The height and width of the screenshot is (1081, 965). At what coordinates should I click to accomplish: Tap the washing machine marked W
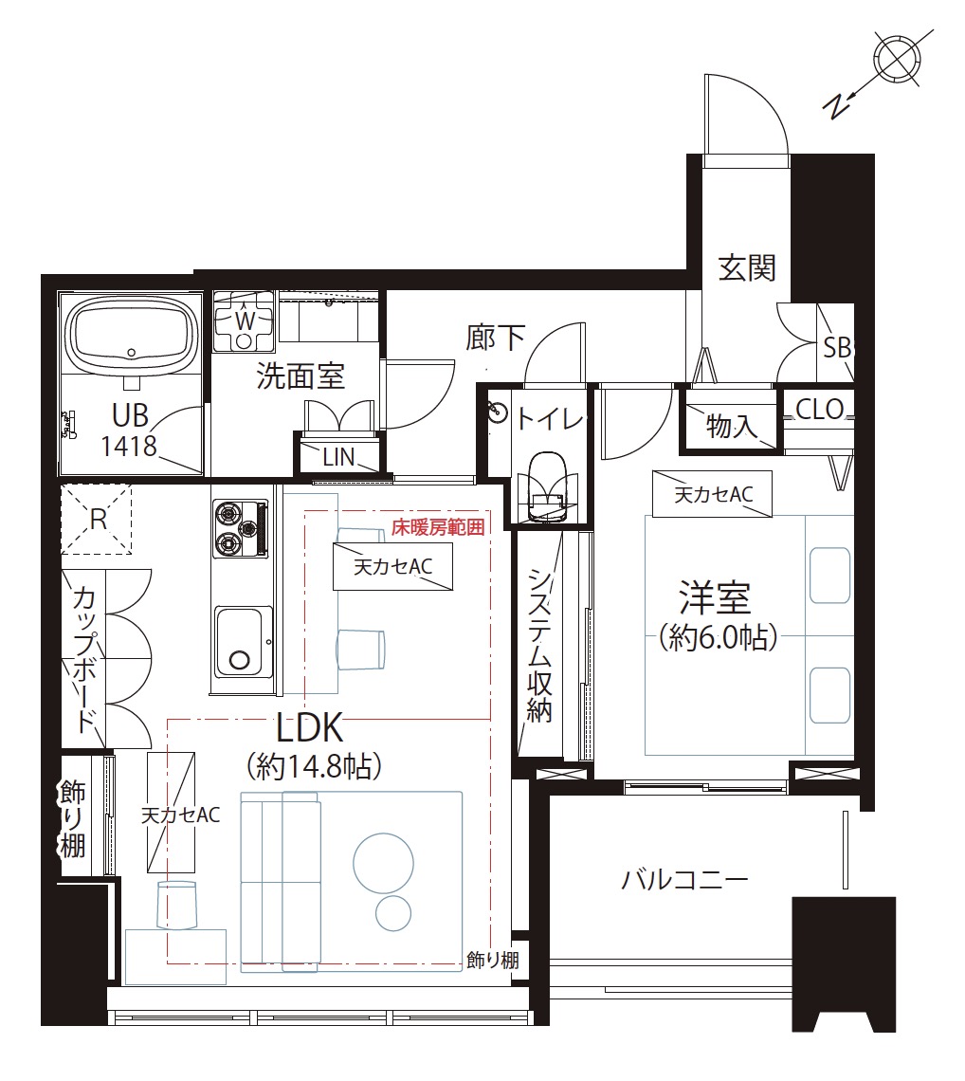pyautogui.click(x=244, y=321)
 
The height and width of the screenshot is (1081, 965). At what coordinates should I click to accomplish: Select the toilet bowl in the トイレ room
pyautogui.click(x=550, y=486)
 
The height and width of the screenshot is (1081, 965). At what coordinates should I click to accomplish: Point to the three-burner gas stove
pyautogui.click(x=241, y=529)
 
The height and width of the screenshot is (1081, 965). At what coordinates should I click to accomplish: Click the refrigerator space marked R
pyautogui.click(x=97, y=519)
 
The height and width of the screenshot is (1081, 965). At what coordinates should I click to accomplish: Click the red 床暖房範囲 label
pyautogui.click(x=438, y=527)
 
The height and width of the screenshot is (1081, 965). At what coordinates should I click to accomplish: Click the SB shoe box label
pyautogui.click(x=837, y=348)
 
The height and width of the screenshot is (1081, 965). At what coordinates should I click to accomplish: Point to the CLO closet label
pyautogui.click(x=820, y=410)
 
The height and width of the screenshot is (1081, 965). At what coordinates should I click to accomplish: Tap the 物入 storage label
pyautogui.click(x=731, y=427)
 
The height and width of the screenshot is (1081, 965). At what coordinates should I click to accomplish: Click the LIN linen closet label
pyautogui.click(x=338, y=457)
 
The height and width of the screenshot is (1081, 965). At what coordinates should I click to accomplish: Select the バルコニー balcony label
pyautogui.click(x=684, y=880)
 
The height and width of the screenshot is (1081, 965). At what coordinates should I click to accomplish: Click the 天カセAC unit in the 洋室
pyautogui.click(x=713, y=494)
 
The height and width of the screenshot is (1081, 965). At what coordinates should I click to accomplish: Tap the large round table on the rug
pyautogui.click(x=383, y=863)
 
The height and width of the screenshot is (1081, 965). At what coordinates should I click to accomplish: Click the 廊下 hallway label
pyautogui.click(x=495, y=338)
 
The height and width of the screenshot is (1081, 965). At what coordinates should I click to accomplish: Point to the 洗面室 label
pyautogui.click(x=300, y=376)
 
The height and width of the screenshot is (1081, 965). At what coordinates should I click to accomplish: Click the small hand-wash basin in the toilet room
pyautogui.click(x=498, y=412)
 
